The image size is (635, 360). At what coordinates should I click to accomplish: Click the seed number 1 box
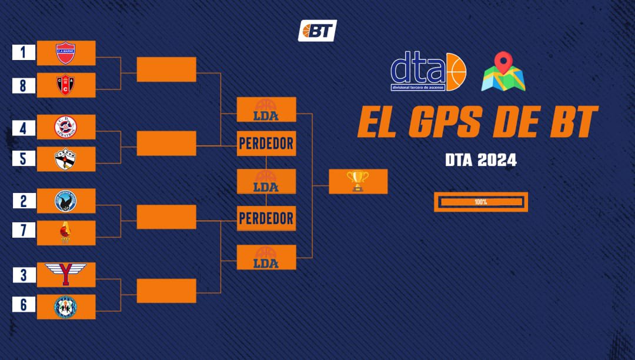pyautogui.click(x=24, y=52)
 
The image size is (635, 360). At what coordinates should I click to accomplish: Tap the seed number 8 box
pyautogui.click(x=24, y=85)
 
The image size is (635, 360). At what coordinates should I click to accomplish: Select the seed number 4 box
pyautogui.click(x=24, y=127)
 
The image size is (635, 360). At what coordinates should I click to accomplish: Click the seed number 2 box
pyautogui.click(x=24, y=201)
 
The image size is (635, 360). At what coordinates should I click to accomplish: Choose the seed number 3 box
pyautogui.click(x=24, y=275)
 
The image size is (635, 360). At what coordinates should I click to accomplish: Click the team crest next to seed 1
pyautogui.click(x=65, y=53)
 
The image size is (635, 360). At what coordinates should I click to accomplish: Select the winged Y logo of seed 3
pyautogui.click(x=66, y=274)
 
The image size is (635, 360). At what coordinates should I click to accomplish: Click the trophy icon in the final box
pyautogui.click(x=357, y=181)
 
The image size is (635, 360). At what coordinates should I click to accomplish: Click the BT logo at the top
pyautogui.click(x=317, y=31)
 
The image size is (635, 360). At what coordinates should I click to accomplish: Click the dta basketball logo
pyautogui.click(x=428, y=72)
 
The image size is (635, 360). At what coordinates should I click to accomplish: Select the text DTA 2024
pyautogui.click(x=480, y=160)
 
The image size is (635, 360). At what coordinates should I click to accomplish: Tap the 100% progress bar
pyautogui.click(x=481, y=202)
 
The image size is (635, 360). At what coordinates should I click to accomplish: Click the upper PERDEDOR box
pyautogui.click(x=266, y=143)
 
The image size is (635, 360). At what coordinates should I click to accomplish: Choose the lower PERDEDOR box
pyautogui.click(x=266, y=218)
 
